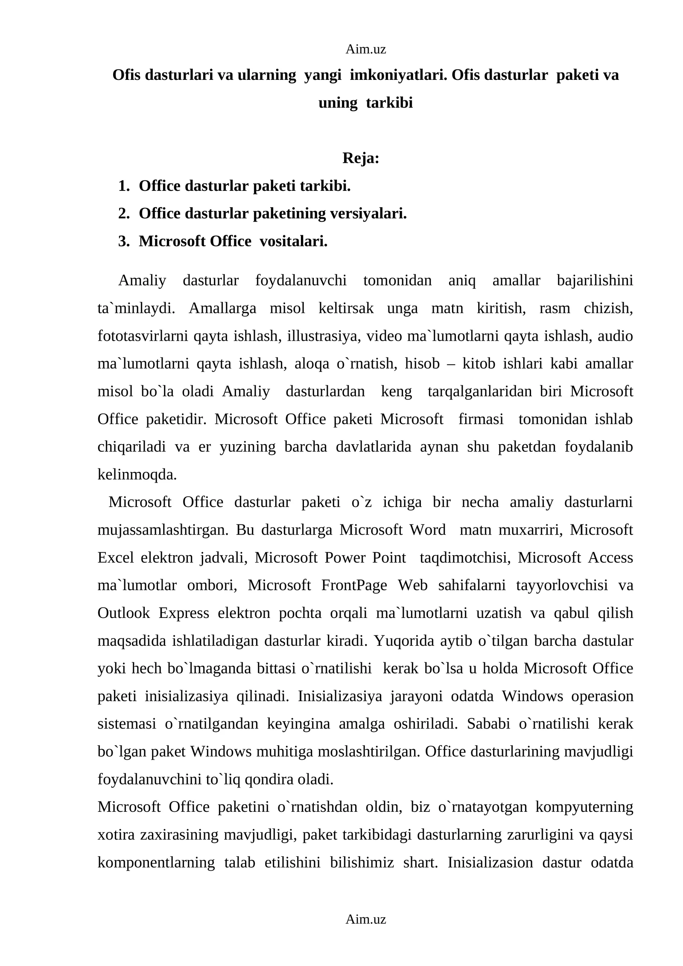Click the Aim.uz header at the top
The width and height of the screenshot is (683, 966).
tap(365, 50)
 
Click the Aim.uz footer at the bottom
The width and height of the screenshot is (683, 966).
tap(365, 919)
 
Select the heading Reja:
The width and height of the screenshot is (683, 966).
tap(361, 158)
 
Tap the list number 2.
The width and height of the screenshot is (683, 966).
tap(124, 214)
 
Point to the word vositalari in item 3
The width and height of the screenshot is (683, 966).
tap(293, 241)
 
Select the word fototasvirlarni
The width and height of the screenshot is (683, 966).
tap(143, 336)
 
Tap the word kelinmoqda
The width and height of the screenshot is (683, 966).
tap(137, 474)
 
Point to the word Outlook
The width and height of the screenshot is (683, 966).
tap(124, 613)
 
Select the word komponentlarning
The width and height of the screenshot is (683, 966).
tap(156, 862)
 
